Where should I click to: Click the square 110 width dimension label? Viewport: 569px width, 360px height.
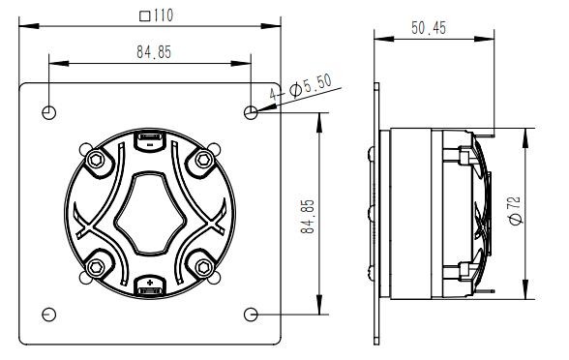click(157, 15)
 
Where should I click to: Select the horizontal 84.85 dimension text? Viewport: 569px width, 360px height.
click(154, 52)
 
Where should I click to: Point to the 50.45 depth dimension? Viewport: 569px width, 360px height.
click(429, 28)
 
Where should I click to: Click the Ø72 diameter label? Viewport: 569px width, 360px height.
click(516, 210)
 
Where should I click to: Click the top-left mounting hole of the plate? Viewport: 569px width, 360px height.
click(49, 112)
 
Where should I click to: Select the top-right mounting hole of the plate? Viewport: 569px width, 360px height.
click(251, 112)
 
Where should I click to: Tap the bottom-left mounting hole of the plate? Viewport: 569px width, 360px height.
click(49, 315)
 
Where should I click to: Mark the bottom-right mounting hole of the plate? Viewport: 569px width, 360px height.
click(251, 315)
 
